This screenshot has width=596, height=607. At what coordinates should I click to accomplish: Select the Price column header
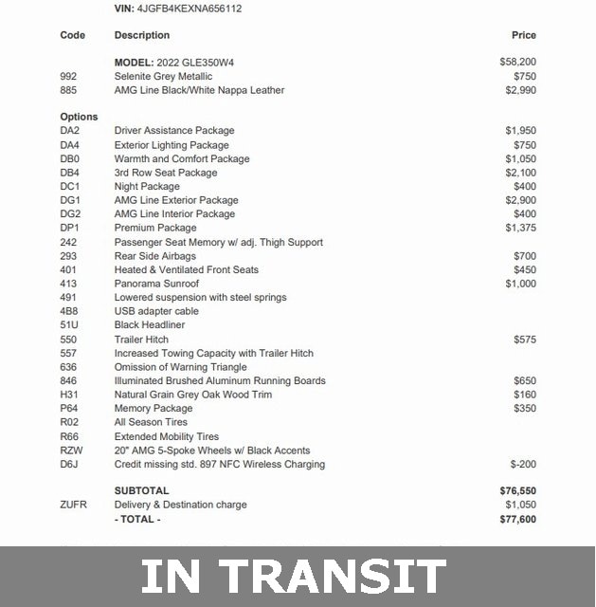tap(523, 35)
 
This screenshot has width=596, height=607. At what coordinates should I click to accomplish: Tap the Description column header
tap(142, 35)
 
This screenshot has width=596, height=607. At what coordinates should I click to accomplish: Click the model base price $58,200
tap(517, 62)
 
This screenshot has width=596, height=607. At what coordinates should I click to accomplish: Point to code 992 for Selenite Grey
tap(68, 76)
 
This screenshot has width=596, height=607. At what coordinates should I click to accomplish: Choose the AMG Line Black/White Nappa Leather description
tap(199, 90)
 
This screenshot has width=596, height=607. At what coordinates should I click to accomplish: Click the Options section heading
tap(79, 117)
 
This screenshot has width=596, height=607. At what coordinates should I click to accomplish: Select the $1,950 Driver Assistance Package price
tap(520, 131)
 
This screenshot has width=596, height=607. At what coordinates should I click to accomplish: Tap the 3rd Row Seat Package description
tap(166, 173)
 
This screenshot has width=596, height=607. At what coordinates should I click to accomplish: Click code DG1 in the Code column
tap(70, 200)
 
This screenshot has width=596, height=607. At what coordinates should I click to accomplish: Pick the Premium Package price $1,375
tap(520, 228)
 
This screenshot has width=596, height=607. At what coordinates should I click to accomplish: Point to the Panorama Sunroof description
tap(156, 284)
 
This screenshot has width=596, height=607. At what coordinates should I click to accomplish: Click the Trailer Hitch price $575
tap(524, 339)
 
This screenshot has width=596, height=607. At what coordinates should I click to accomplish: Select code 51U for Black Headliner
tap(69, 325)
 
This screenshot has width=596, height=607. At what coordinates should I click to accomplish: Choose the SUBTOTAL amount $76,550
tap(517, 491)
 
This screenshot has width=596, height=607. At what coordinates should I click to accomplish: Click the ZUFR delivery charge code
tap(73, 505)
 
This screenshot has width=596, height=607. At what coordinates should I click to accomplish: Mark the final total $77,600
tap(517, 520)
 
